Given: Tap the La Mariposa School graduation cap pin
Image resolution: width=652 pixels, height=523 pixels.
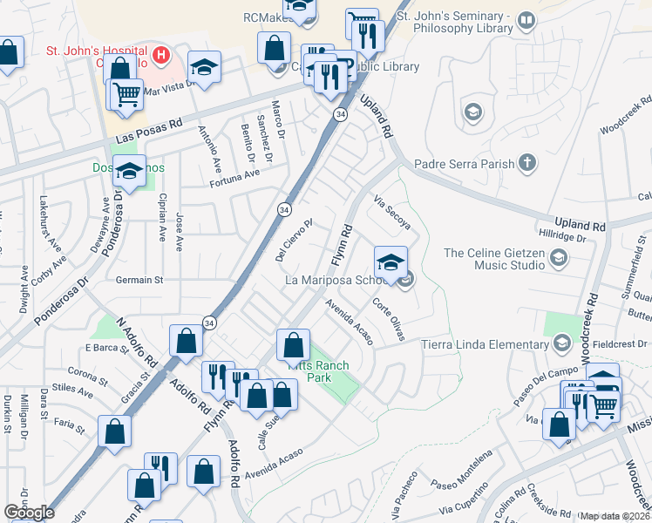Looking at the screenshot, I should (391, 261).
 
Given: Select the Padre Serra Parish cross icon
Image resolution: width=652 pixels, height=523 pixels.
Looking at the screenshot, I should (526, 162).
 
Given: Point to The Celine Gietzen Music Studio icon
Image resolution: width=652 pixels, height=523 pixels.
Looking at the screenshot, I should (559, 257).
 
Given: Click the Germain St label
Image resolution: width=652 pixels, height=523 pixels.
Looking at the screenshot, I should (140, 281).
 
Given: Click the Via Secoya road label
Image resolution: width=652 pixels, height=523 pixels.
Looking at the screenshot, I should (391, 214).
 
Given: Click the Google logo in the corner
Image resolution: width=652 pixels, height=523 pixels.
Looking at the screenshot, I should (29, 513).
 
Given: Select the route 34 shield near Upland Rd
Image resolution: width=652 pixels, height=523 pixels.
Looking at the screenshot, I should (340, 114).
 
